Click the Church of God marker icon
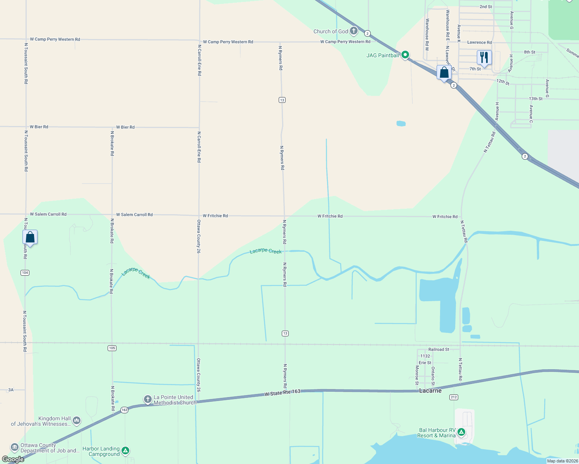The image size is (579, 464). (x=353, y=31)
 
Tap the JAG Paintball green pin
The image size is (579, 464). (x=405, y=55)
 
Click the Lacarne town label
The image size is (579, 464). (x=430, y=391)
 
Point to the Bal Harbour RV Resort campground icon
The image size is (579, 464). (x=461, y=432)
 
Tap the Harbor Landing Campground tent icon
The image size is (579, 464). (x=125, y=450)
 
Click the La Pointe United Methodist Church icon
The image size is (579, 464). (x=147, y=399)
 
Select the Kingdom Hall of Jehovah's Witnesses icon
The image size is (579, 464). (x=77, y=420)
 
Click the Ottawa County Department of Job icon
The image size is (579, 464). (x=15, y=447)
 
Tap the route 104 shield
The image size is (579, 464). (x=25, y=273)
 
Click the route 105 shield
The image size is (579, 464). (x=112, y=348)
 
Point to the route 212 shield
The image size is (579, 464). (x=454, y=397)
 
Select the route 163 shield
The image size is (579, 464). (x=124, y=410)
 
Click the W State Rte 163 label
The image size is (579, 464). (x=283, y=392)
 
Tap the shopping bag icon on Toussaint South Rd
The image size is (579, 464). (x=30, y=237)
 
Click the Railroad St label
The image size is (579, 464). (x=439, y=350)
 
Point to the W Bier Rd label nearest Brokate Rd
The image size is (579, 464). (x=125, y=127)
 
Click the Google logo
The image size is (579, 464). (x=13, y=459)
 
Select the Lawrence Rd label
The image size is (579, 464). (x=479, y=43)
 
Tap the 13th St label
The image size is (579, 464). (x=536, y=99)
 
